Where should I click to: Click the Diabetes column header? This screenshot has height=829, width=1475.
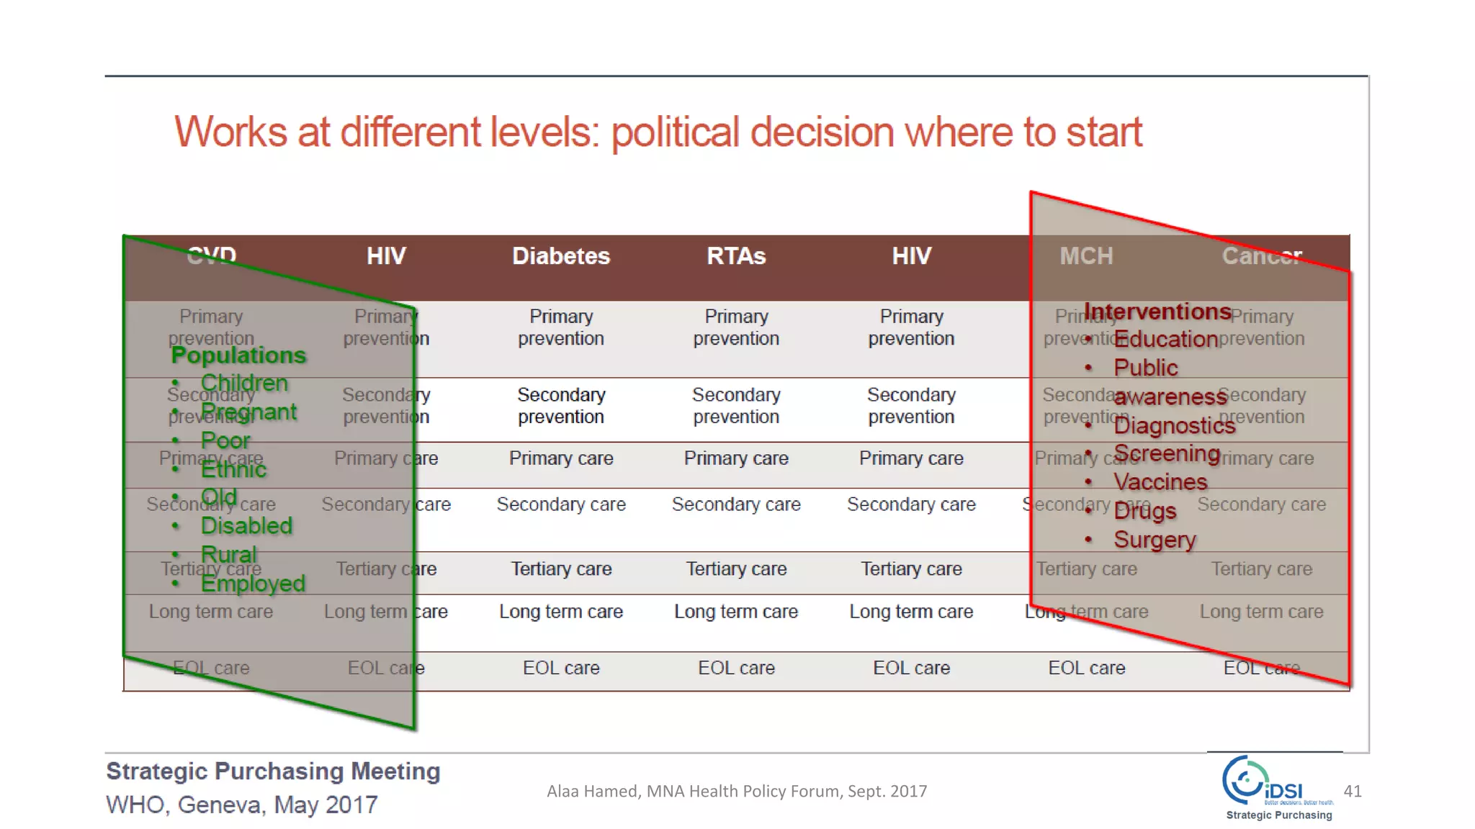click(561, 256)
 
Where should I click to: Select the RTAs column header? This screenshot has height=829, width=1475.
click(736, 256)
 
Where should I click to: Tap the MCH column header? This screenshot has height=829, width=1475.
click(1086, 256)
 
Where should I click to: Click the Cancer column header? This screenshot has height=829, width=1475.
click(1261, 256)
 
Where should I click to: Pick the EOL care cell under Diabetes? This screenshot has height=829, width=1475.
click(561, 668)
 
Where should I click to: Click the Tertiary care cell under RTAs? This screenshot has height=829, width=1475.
click(736, 568)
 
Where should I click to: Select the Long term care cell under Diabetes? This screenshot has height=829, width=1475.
click(561, 612)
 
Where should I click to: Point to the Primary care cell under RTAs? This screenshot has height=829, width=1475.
click(736, 458)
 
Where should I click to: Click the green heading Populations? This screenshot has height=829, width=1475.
click(238, 355)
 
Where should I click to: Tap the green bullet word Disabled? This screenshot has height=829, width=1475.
click(246, 526)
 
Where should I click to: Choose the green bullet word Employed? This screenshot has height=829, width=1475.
click(253, 584)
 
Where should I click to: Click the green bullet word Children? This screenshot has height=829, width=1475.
click(244, 383)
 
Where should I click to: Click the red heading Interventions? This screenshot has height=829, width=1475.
click(1157, 312)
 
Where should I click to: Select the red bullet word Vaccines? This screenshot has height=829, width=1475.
click(1160, 482)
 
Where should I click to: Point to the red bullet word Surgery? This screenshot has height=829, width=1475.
click(1155, 540)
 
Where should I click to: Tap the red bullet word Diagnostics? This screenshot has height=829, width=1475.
click(1174, 426)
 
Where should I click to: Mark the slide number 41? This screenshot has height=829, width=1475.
click(1353, 792)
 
